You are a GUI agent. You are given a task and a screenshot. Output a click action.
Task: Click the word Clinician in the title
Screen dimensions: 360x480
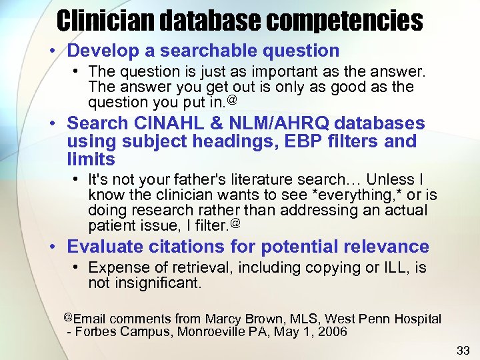pos(107,20)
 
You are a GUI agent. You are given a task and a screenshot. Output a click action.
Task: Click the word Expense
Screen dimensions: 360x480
pos(117,268)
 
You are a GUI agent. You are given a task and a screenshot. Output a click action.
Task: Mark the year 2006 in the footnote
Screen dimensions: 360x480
pos(332,332)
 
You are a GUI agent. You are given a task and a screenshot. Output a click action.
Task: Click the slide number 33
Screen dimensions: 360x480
pos(463,349)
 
